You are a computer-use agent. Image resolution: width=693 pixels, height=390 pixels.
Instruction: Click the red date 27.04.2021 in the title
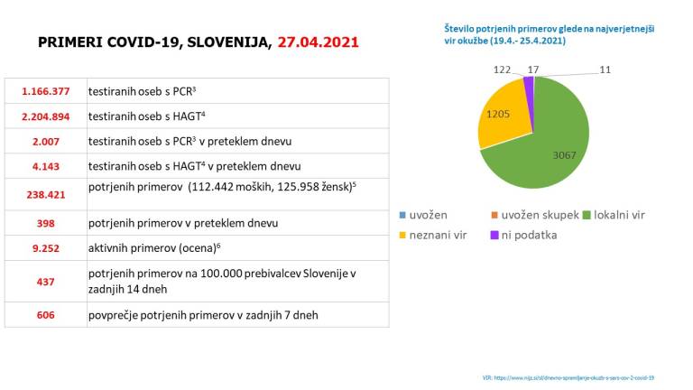(x=318, y=42)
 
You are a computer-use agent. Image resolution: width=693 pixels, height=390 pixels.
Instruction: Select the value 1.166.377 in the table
(x=45, y=91)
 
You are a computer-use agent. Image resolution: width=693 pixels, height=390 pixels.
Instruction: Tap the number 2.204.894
(x=45, y=116)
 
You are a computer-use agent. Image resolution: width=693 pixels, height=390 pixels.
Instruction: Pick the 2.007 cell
(x=45, y=142)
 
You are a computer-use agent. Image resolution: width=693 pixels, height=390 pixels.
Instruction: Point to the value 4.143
(x=45, y=167)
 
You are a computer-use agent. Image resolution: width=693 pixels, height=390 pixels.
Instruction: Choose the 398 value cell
(x=45, y=223)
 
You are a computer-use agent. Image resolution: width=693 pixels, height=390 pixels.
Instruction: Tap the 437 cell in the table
(x=45, y=281)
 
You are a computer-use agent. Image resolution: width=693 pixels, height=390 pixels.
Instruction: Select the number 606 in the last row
(x=45, y=315)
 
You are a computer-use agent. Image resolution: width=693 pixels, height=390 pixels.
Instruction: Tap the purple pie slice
(x=529, y=84)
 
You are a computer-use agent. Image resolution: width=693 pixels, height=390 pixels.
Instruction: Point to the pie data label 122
(x=503, y=69)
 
